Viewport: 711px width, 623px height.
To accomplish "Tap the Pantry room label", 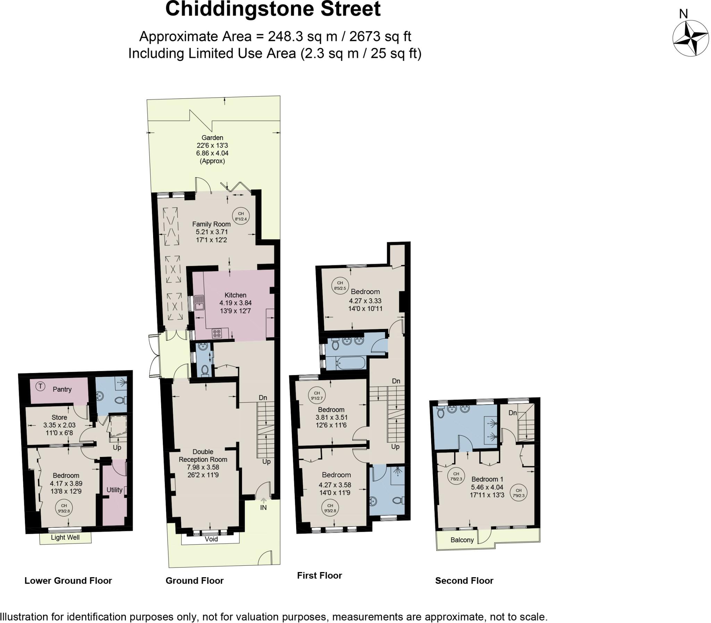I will [62, 389].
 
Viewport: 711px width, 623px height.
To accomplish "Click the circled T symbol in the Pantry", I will [41, 386].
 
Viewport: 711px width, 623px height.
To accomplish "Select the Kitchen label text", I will [235, 295].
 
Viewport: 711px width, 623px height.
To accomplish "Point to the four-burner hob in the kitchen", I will [217, 334].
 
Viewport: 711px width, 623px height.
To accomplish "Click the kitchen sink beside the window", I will [199, 303].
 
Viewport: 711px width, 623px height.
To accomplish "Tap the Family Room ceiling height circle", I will [241, 216].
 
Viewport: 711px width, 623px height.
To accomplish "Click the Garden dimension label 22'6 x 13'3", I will [212, 145].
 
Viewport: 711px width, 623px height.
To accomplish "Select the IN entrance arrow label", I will [263, 507].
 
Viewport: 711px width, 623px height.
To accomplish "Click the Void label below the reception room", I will [211, 539].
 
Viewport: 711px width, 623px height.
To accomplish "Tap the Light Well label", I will [65, 537].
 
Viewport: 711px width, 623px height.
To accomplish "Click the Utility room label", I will [114, 490].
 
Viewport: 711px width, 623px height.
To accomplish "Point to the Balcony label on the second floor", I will [462, 539].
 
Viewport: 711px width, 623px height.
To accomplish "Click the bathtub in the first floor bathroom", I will [350, 364].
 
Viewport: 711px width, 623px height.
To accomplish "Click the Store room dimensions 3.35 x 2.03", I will [59, 425].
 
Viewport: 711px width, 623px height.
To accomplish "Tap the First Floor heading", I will [319, 576].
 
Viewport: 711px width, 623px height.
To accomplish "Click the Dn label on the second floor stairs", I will [512, 413].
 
